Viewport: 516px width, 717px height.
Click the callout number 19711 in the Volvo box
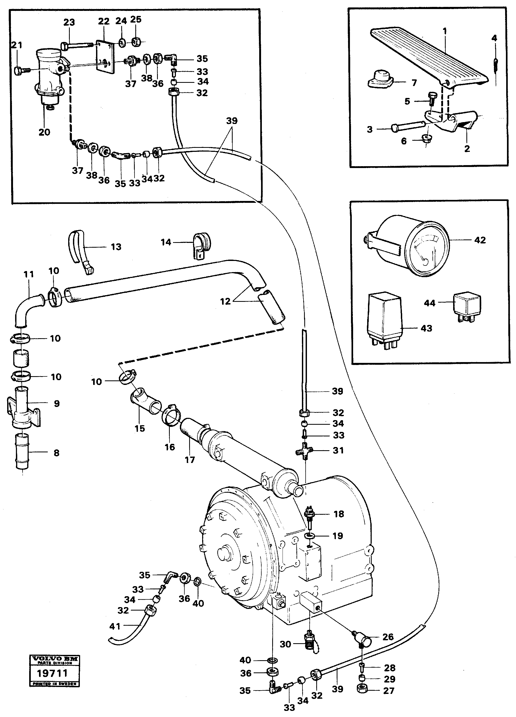(52, 673)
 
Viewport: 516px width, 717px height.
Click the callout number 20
(44, 132)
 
